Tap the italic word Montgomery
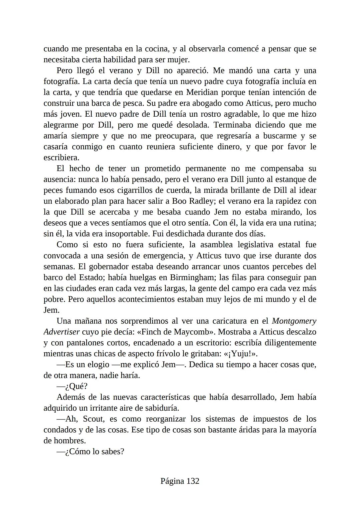(x=294, y=321)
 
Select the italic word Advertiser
(x=61, y=332)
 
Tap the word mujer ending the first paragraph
(x=180, y=60)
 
